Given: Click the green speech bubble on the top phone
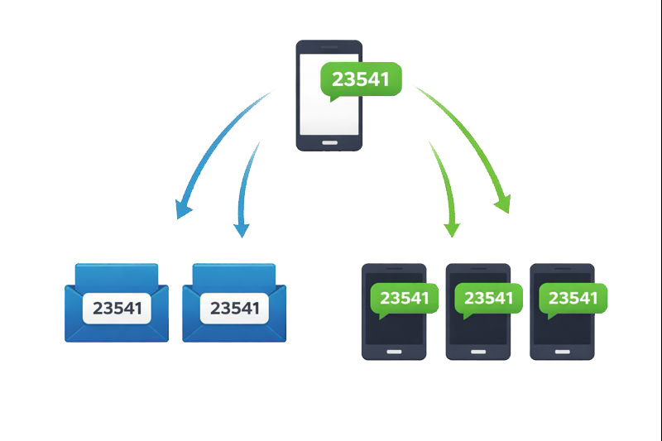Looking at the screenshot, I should click(x=361, y=79).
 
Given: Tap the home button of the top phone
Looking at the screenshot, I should click(x=329, y=142).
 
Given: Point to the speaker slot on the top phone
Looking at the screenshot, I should click(x=329, y=46).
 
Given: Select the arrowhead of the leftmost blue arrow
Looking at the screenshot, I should click(x=184, y=209).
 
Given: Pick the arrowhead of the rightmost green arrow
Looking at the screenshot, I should click(x=501, y=204).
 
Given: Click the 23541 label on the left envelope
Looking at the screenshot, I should click(x=117, y=309).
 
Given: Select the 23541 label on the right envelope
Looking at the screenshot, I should click(x=234, y=309).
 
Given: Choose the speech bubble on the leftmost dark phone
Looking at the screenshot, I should click(x=404, y=299).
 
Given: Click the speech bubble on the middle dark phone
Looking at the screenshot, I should click(x=489, y=299).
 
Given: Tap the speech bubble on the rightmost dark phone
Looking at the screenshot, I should click(x=573, y=299).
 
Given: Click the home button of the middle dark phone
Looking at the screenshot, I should click(x=478, y=350).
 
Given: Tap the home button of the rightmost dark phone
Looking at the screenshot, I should click(x=563, y=350).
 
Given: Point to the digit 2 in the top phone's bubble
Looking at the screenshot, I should click(x=337, y=79).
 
